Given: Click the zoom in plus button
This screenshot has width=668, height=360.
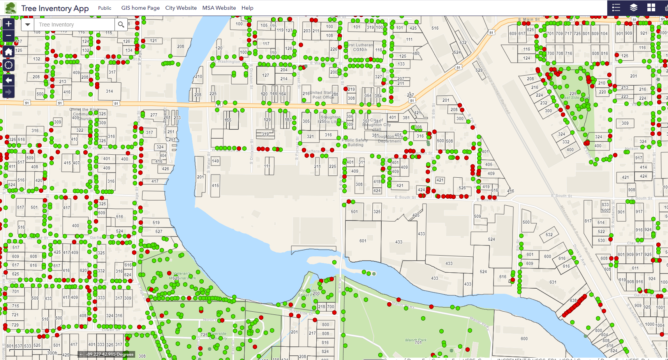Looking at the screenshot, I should coord(9,24).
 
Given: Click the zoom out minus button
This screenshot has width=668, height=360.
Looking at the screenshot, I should coord(9,35).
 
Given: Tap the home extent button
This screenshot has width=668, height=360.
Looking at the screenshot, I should coord(9,52).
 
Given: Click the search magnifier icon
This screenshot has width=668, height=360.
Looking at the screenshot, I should coord(121,25).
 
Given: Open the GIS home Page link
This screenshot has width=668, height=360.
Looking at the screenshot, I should coord(140,8).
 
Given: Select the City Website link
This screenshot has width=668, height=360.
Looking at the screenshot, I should coord(181,8).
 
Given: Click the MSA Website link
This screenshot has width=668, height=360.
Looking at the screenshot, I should coord(219,8).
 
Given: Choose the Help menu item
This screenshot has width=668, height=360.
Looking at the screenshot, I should coord(247,8).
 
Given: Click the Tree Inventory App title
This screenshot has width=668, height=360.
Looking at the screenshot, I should coord(55,8).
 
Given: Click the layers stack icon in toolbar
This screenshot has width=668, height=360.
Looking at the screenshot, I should coord(634,8).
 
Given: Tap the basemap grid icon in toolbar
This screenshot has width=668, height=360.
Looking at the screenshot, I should coord(651,8).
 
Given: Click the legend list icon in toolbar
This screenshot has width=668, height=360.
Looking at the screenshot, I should coord(616,8).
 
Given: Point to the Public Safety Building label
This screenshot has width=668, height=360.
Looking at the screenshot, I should coord(355,142).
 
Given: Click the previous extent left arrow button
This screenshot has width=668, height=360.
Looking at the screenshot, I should coord(9,80).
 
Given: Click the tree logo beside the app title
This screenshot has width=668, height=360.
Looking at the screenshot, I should coord(11,8).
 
